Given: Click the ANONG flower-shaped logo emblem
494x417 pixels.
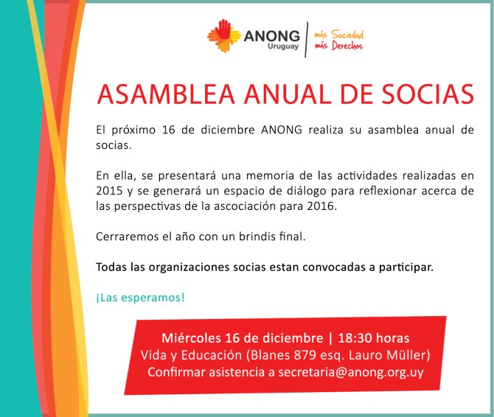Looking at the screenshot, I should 224,37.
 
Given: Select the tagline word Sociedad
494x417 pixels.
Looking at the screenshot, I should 348,34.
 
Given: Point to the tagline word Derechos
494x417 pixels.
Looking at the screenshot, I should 347,46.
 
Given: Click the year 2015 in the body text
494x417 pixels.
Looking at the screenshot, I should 108,192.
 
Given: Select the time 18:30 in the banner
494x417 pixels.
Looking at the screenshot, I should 356,339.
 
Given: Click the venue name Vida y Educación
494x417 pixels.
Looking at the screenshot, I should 193,355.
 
